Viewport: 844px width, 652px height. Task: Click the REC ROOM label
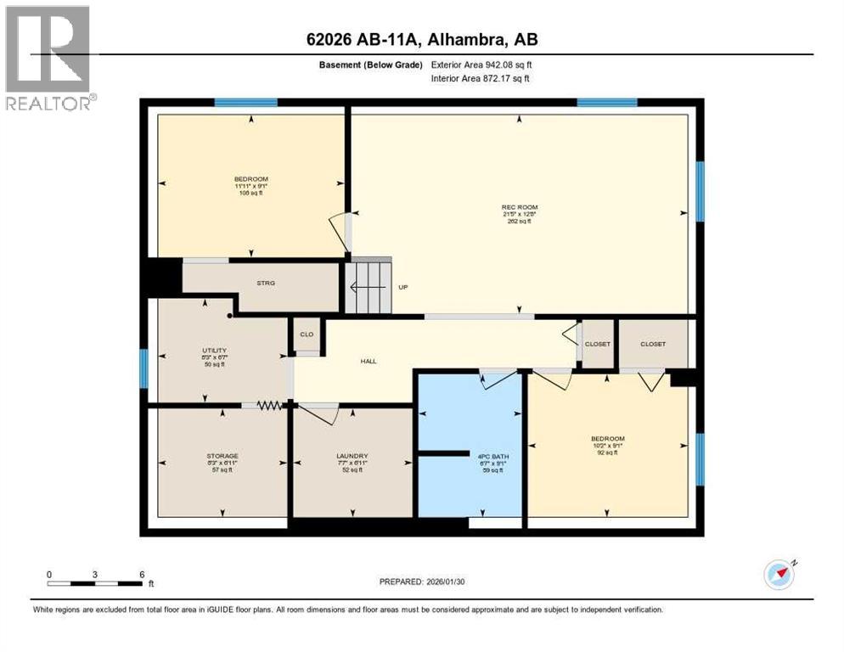click(x=519, y=207)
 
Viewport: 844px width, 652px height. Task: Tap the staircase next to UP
click(x=369, y=288)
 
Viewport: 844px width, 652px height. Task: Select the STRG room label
click(x=266, y=284)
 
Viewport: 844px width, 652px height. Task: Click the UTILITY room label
click(x=214, y=350)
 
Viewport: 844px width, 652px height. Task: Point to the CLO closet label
click(x=307, y=334)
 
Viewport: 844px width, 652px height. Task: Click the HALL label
click(x=369, y=361)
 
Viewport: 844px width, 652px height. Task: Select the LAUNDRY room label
click(x=352, y=456)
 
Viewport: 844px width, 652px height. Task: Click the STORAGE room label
click(x=222, y=456)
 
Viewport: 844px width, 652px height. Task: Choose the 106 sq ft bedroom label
click(x=250, y=179)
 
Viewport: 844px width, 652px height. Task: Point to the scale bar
click(x=95, y=583)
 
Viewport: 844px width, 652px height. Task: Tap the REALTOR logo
click(x=48, y=58)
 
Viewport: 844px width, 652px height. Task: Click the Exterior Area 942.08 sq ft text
click(x=484, y=65)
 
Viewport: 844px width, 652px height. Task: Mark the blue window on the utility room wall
click(x=143, y=368)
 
